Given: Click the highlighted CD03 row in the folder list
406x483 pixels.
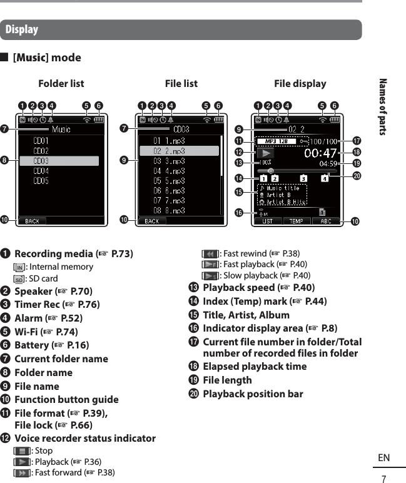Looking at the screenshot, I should click(x=59, y=161).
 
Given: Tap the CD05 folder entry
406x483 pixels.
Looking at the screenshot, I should click(x=41, y=181).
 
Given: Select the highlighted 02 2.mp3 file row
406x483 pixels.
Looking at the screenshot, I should click(x=179, y=151).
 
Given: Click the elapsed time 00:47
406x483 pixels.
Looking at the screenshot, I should click(x=322, y=152).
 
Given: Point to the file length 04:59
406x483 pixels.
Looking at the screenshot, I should click(x=328, y=163).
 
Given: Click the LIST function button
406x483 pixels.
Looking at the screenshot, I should click(x=267, y=221).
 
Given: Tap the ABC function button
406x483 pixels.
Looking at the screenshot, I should click(x=326, y=221).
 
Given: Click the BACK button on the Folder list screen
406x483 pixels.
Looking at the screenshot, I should click(x=32, y=221).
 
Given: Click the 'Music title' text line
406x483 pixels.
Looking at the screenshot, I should click(x=283, y=188).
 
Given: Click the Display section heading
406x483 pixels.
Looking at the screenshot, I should click(x=22, y=29).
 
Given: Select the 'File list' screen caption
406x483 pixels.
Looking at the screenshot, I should click(x=181, y=83).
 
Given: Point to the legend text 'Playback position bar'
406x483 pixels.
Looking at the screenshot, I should click(x=253, y=394).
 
